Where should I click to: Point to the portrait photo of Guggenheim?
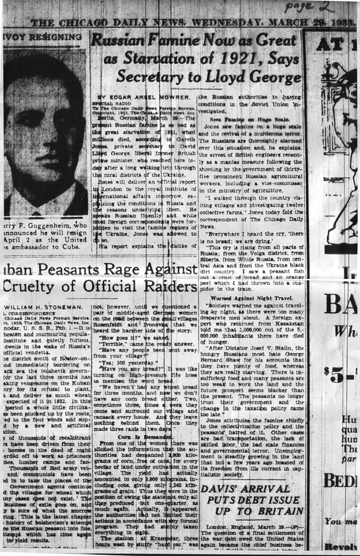tap(45, 136)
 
